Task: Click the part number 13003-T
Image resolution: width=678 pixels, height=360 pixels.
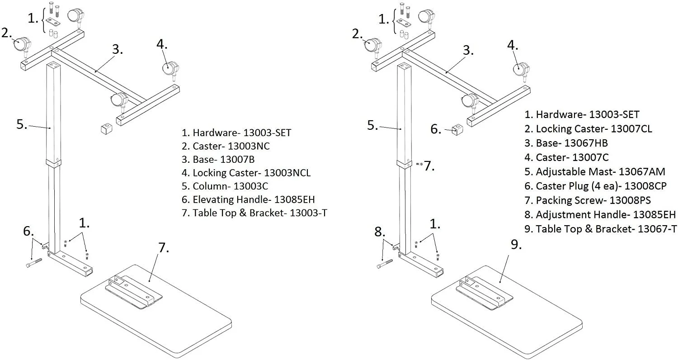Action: coord(308,213)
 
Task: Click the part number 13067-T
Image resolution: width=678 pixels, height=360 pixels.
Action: coord(657,229)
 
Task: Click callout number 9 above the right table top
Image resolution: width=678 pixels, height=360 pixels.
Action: coord(516,245)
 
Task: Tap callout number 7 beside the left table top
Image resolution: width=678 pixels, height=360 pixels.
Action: coord(163,247)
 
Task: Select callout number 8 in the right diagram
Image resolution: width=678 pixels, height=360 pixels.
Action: coord(380,232)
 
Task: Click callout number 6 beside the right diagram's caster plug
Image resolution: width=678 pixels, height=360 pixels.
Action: coord(436,129)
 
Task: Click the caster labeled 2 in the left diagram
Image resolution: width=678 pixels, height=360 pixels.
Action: coord(22,44)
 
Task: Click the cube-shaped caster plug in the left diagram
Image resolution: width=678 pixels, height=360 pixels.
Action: coord(106,129)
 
